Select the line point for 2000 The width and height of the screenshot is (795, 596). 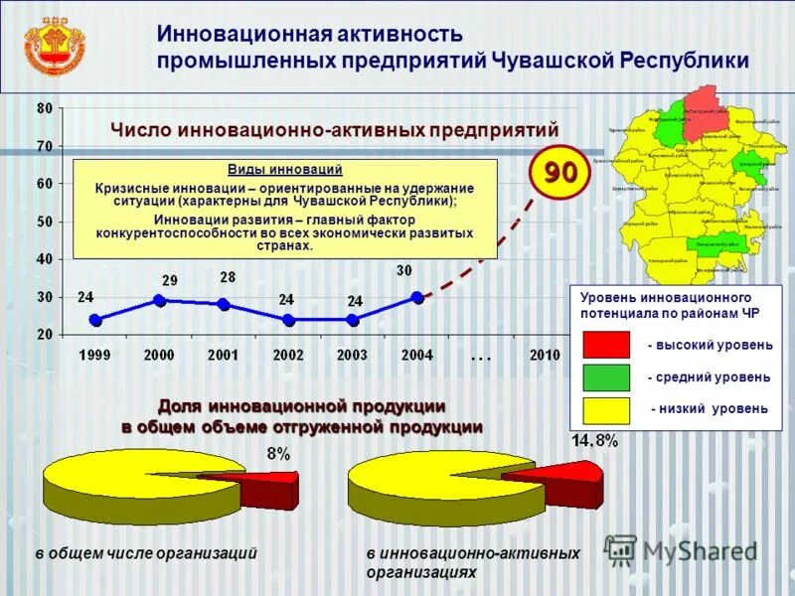(x=159, y=300)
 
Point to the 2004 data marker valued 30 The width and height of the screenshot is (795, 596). (x=417, y=297)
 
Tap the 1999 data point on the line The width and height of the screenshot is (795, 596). (x=95, y=320)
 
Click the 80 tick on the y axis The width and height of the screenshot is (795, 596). (x=45, y=108)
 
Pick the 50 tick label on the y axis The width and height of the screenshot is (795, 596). (x=45, y=222)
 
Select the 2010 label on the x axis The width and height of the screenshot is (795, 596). (x=545, y=355)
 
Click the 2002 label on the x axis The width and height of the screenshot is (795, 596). (x=288, y=355)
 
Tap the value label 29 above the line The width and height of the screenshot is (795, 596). (x=170, y=281)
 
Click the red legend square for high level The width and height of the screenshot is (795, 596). (x=605, y=345)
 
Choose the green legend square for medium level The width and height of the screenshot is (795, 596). (x=605, y=376)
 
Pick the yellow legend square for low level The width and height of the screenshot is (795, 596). (x=605, y=409)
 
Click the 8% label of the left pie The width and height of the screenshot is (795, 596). (x=278, y=454)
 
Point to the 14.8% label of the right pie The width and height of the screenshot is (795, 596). (x=594, y=441)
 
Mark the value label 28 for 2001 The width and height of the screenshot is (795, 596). (x=228, y=276)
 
